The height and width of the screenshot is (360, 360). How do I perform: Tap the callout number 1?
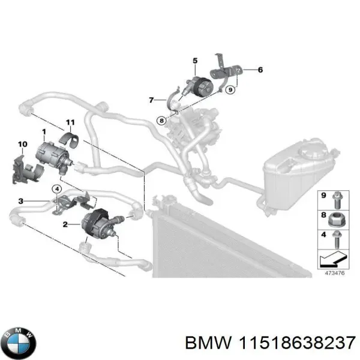pyautogui.click(x=44, y=131)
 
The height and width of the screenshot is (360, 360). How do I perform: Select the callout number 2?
pyautogui.click(x=65, y=225)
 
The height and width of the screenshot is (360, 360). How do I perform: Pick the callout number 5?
pyautogui.click(x=194, y=60)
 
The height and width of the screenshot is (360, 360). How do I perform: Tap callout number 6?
pyautogui.click(x=261, y=70)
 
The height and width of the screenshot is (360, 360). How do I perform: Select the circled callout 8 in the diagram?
pyautogui.click(x=162, y=120)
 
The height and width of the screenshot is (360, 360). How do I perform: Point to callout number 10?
pyautogui.click(x=23, y=144)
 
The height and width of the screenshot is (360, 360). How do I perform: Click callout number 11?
pyautogui.click(x=70, y=121)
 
